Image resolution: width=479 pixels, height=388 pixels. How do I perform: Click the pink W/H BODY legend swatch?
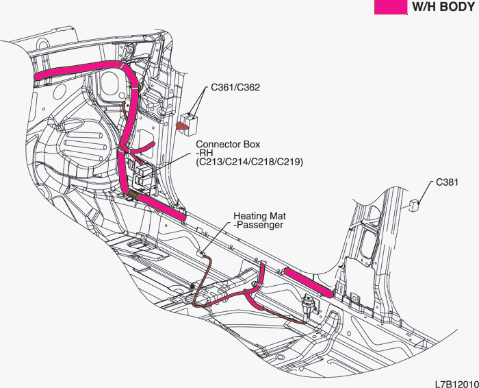pyautogui.click(x=391, y=7)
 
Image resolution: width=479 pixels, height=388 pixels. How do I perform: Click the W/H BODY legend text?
pyautogui.click(x=443, y=7)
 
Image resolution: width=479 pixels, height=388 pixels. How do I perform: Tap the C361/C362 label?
pyautogui.click(x=235, y=88)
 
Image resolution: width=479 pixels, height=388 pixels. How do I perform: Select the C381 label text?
pyautogui.click(x=447, y=182)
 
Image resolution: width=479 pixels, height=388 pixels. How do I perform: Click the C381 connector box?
pyautogui.click(x=414, y=205)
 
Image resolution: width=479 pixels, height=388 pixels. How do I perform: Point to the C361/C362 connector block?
pyautogui.click(x=190, y=125)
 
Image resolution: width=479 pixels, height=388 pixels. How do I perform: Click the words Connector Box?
pyautogui.click(x=228, y=144)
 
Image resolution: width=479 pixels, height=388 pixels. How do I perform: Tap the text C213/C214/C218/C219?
pyautogui.click(x=249, y=162)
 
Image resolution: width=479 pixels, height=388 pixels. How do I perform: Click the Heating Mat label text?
pyautogui.click(x=259, y=216)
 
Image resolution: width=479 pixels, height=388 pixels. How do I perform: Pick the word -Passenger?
pyautogui.click(x=259, y=226)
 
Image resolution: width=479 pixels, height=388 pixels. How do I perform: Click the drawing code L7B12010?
pyautogui.click(x=457, y=384)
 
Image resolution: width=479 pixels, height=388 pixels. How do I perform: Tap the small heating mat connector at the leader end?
pyautogui.click(x=200, y=253)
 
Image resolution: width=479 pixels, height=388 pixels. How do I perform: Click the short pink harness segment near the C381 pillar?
pyautogui.click(x=309, y=282)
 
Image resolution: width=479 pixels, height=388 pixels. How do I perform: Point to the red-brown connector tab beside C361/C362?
pyautogui.click(x=181, y=125)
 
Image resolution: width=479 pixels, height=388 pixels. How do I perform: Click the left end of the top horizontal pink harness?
pyautogui.click(x=37, y=77)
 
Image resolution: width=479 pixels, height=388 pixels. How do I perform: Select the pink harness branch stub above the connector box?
pyautogui.click(x=143, y=147)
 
